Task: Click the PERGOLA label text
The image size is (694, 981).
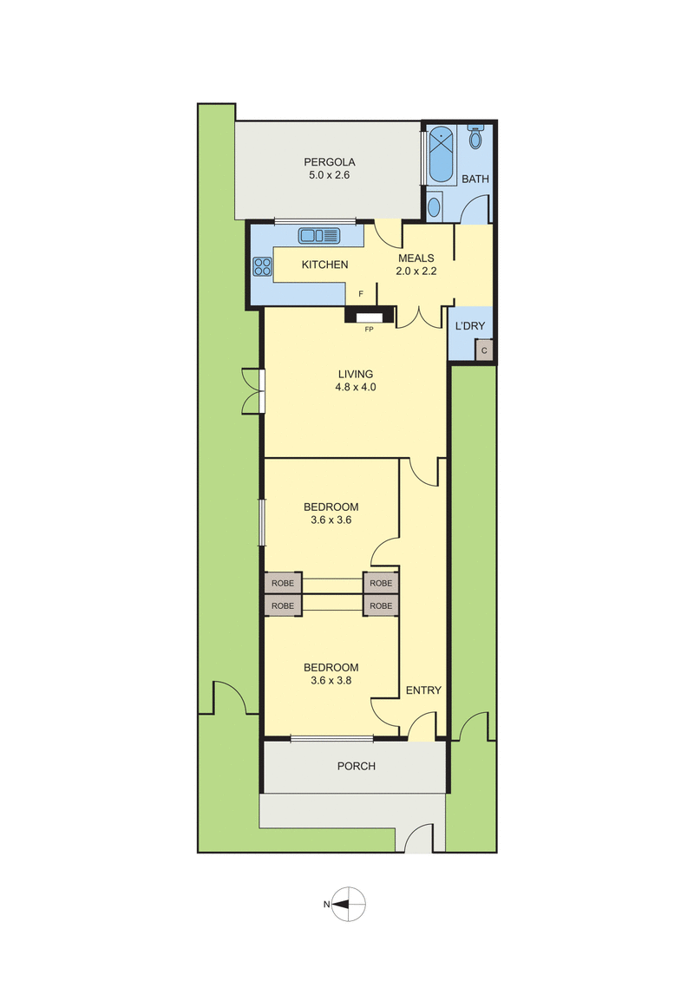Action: click(330, 161)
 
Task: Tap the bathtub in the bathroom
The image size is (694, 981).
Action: click(442, 154)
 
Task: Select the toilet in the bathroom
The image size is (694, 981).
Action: click(476, 137)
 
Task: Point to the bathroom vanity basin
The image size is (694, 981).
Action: click(435, 206)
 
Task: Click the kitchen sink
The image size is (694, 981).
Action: click(320, 235)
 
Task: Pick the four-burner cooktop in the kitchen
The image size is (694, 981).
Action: click(262, 267)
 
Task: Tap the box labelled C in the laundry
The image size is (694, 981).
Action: click(484, 350)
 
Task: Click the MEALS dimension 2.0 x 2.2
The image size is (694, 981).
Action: click(416, 271)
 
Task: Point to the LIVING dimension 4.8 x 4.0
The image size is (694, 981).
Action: click(356, 388)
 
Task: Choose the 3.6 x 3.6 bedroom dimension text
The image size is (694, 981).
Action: click(331, 520)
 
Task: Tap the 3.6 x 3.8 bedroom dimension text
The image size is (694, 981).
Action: click(331, 681)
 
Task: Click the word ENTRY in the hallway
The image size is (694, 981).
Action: click(423, 690)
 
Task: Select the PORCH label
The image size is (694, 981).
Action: click(356, 767)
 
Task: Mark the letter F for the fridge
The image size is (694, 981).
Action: click(360, 294)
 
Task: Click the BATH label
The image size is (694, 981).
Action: click(475, 180)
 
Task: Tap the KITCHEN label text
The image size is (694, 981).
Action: click(324, 265)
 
